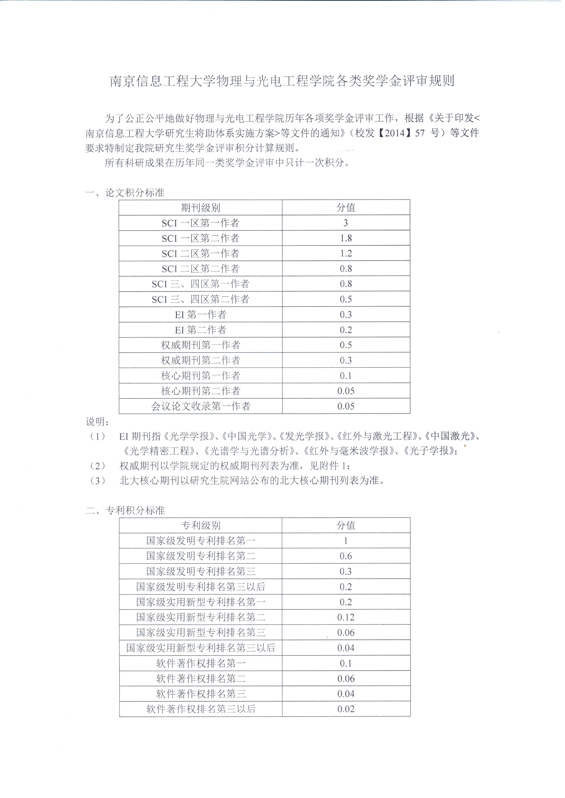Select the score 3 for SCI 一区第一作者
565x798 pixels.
[345, 223]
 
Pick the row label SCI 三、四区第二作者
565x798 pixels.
[200, 299]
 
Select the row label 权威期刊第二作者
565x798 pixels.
[200, 360]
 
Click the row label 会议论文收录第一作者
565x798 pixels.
[200, 406]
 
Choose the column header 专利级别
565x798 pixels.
[200, 526]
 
